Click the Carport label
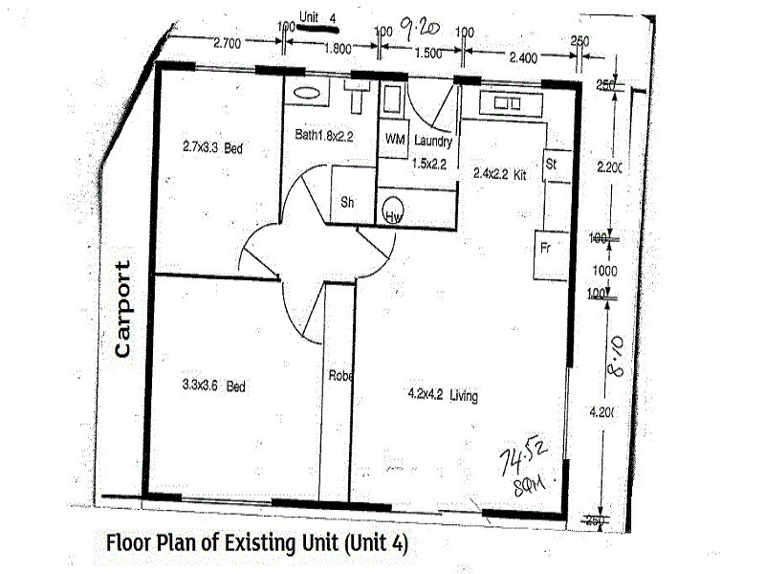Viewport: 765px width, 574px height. tap(122, 309)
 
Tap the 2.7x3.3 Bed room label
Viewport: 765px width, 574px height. tap(212, 147)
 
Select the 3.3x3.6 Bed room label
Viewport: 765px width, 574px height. tap(214, 386)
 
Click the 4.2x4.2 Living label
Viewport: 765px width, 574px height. tap(443, 395)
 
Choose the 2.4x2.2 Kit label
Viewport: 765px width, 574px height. tap(500, 174)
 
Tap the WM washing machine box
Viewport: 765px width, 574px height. tap(394, 139)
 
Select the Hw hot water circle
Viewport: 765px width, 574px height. tap(392, 213)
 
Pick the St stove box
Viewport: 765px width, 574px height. tap(553, 165)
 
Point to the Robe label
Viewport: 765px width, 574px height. tap(340, 376)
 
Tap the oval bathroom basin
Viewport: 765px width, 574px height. tap(306, 94)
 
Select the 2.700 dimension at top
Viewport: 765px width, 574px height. tap(227, 43)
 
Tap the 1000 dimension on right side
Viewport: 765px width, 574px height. tap(605, 271)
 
